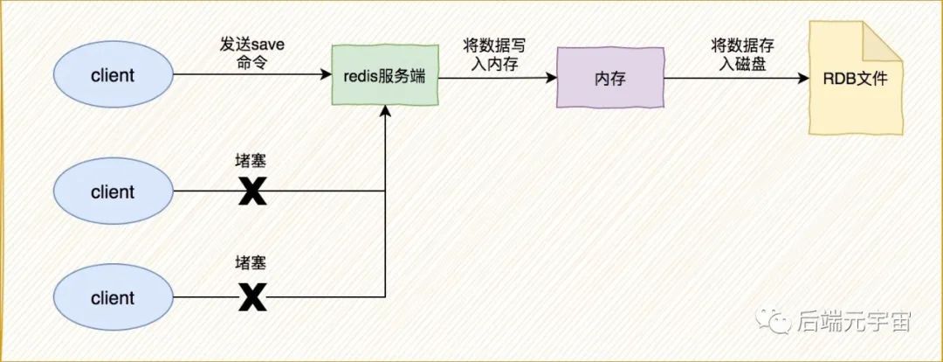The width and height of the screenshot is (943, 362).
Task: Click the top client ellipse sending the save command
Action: [x=113, y=75]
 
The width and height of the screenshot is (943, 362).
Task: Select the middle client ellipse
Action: [x=113, y=191]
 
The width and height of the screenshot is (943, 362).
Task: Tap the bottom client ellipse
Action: [x=113, y=298]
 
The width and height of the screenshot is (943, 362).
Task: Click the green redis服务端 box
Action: [x=384, y=76]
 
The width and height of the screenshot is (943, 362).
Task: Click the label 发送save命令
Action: [x=253, y=54]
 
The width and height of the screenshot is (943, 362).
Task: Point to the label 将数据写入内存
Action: [x=495, y=54]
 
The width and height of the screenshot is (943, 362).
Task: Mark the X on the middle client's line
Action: [x=252, y=191]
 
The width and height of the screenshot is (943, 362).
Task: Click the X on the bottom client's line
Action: [x=252, y=298]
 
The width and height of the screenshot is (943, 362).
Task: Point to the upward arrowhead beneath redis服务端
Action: [x=385, y=112]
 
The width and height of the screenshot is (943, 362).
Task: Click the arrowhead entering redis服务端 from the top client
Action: [x=326, y=76]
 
